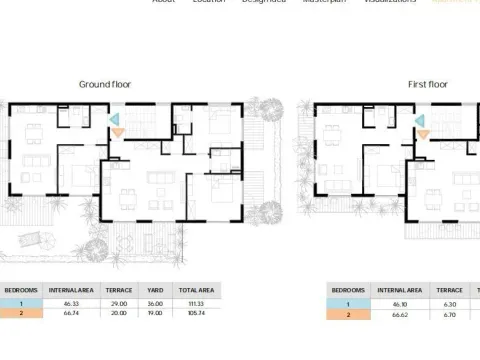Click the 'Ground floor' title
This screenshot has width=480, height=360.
point(105,85)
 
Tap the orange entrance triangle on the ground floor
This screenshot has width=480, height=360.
point(118,131)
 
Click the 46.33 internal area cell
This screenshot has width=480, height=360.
point(71,303)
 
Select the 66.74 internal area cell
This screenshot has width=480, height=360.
point(71,313)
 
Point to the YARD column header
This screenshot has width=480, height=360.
point(155,290)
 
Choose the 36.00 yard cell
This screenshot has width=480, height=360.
point(155,303)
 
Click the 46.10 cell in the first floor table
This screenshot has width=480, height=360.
point(398,304)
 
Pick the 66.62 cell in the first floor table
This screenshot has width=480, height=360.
point(398,314)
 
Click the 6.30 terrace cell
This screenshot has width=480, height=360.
point(449,304)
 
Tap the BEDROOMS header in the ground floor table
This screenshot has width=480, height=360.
point(21,290)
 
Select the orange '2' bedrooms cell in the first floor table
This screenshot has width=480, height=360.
point(349,314)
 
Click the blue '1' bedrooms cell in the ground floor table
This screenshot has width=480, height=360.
point(21,303)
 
